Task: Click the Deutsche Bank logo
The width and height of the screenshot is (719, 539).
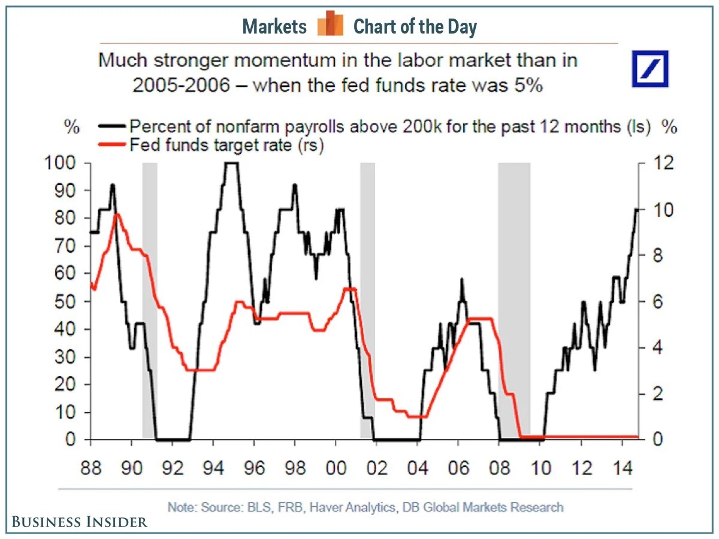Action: click(650, 69)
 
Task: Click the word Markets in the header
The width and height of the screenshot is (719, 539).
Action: click(274, 26)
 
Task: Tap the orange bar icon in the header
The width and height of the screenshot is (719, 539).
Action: click(330, 23)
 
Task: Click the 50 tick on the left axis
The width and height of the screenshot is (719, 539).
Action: click(67, 301)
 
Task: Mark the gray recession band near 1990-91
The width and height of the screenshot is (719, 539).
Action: click(149, 299)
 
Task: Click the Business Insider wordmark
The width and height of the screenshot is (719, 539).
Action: click(78, 522)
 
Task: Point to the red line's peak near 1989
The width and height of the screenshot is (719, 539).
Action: click(117, 214)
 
